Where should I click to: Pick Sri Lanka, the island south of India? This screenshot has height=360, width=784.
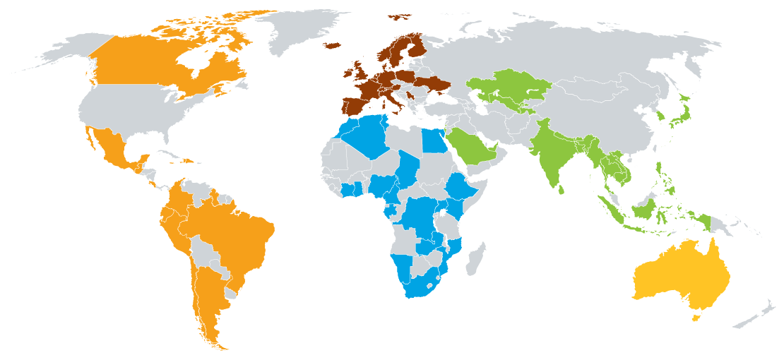coord(563,189)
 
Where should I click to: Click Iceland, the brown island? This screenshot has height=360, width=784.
coord(332,46)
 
